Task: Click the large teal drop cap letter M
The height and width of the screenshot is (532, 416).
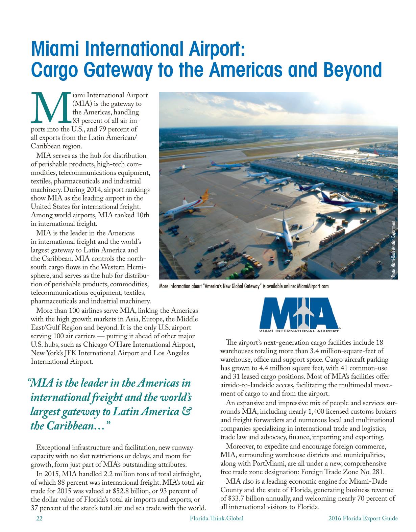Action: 50,107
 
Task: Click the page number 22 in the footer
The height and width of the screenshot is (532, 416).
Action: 39,518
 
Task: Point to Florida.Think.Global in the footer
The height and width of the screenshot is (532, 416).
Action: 217,518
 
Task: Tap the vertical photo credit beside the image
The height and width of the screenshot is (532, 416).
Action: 393,249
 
